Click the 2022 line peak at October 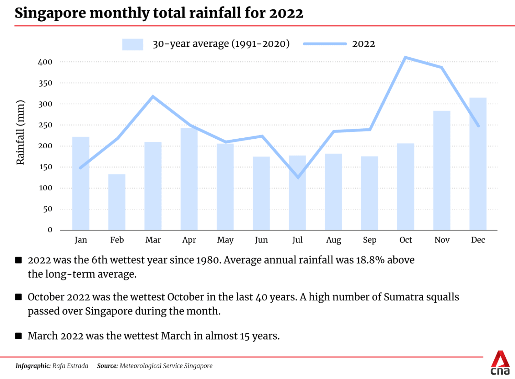(x=405, y=57)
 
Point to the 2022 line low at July (x=298, y=177)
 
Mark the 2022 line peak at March (x=153, y=96)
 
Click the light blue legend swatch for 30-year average (x=133, y=44)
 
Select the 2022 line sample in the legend (x=324, y=44)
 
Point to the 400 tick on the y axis (x=45, y=62)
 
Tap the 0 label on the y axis (x=50, y=230)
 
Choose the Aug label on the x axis (x=333, y=240)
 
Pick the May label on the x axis (x=225, y=240)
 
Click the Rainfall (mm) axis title (x=21, y=132)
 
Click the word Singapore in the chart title (x=50, y=13)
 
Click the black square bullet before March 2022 (x=19, y=336)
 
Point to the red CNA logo (x=500, y=363)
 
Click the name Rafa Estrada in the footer (x=70, y=366)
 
